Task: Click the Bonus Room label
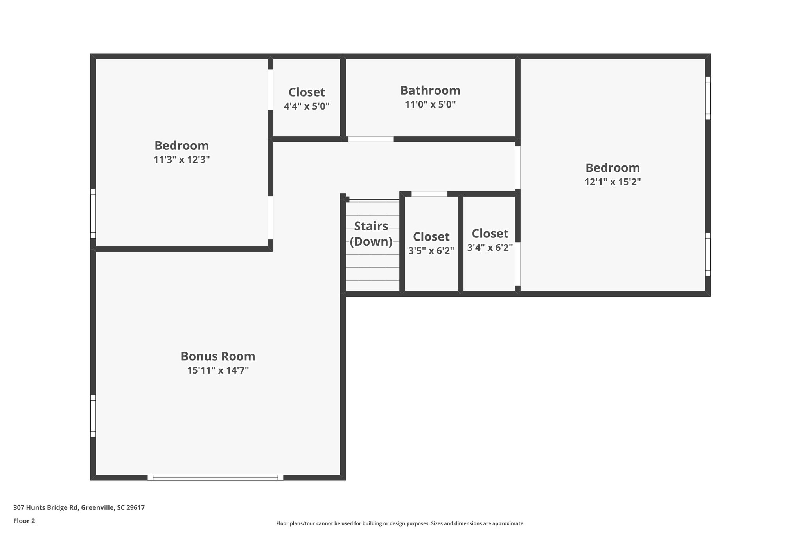(x=218, y=356)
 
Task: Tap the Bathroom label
(x=430, y=90)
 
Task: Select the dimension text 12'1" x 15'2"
(x=612, y=182)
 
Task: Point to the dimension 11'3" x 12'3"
(x=182, y=160)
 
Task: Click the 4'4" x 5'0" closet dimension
(x=307, y=106)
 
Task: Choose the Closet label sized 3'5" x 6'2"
(x=431, y=237)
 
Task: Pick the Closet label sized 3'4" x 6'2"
(x=490, y=234)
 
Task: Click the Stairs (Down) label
(x=371, y=234)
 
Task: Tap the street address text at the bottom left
(x=79, y=507)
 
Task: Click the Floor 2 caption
(x=24, y=521)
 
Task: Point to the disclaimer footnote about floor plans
(x=400, y=523)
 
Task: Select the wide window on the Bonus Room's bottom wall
(x=215, y=477)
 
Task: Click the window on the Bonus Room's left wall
(x=93, y=415)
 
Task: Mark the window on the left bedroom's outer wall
(x=93, y=214)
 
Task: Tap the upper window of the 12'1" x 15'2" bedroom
(x=708, y=98)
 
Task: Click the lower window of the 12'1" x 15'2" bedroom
(x=708, y=254)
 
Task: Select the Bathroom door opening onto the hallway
(x=371, y=139)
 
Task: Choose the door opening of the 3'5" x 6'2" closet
(x=429, y=194)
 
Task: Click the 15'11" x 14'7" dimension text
(x=218, y=370)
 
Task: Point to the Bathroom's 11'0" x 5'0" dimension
(x=430, y=104)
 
